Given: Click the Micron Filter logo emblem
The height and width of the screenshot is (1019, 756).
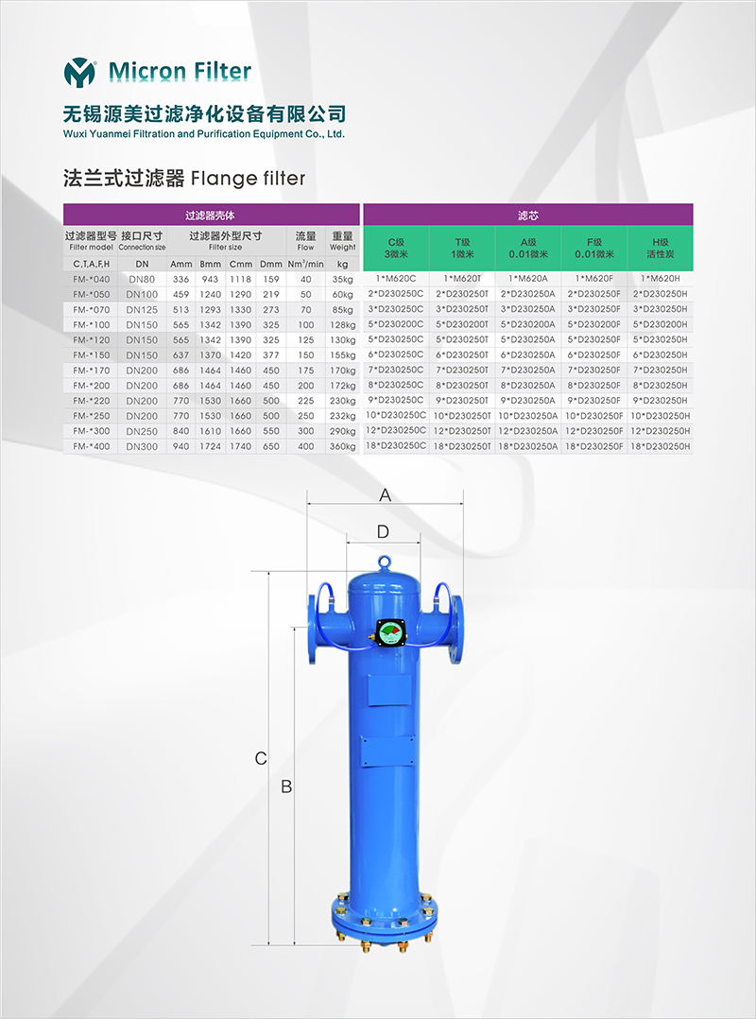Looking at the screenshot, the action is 80,72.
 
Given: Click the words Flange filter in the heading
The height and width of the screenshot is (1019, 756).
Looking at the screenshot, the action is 248,178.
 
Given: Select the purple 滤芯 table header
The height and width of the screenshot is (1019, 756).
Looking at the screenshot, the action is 528,215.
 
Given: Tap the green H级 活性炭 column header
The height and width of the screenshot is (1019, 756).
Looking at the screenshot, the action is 661,249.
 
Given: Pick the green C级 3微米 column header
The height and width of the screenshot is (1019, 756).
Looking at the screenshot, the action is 396,249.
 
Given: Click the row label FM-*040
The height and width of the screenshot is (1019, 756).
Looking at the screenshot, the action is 92,280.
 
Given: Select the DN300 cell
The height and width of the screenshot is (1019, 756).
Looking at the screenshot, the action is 143,446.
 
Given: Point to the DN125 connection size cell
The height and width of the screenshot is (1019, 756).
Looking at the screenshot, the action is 143,310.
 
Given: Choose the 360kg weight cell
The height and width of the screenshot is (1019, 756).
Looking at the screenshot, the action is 342,447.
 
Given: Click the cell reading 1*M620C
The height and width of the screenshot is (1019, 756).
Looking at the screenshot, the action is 396,279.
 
